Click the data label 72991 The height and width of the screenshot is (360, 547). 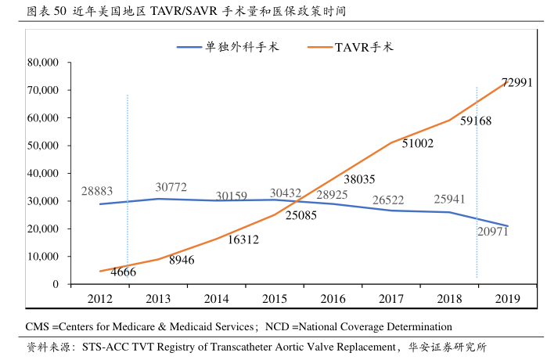click(516, 82)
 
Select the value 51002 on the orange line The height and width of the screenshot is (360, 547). click(418, 143)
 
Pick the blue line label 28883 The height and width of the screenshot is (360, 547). click(97, 191)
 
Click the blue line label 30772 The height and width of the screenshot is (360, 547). click(171, 187)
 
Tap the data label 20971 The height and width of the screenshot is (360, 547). click(492, 232)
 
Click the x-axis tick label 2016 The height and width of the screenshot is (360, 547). click(333, 298)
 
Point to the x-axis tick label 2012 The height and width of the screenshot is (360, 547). click(100, 298)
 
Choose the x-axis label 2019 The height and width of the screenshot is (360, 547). click(507, 298)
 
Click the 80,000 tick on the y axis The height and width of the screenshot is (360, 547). click(42, 63)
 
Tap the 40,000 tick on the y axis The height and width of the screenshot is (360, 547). click(42, 173)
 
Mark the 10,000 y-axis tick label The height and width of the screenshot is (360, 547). click(42, 257)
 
